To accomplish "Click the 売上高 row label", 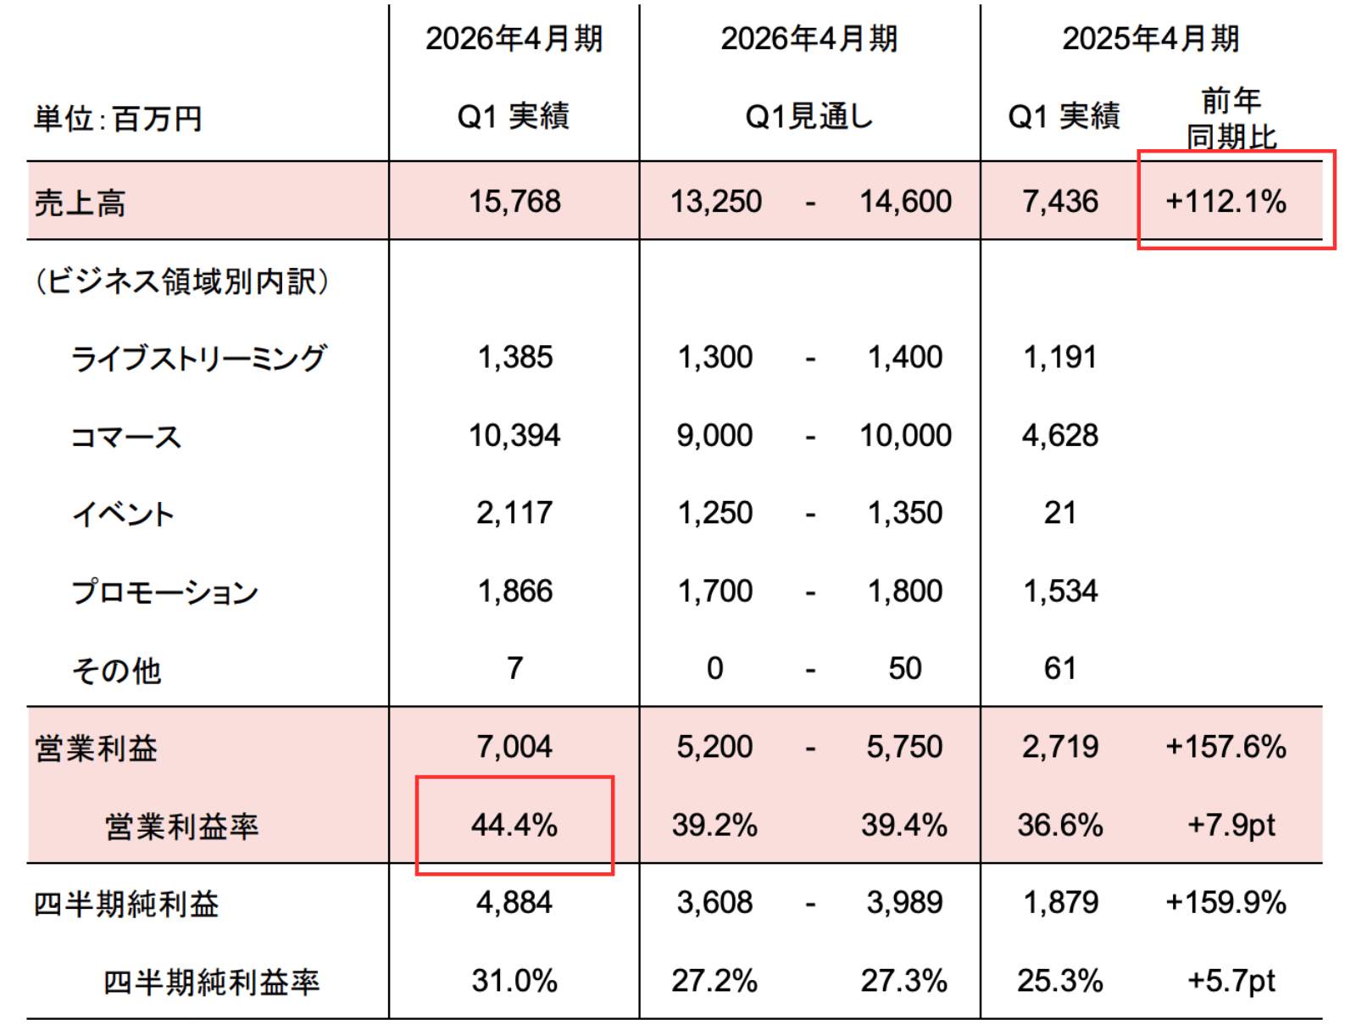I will tap(80, 203).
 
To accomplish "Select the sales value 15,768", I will tap(514, 202).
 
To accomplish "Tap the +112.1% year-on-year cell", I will tap(1225, 202).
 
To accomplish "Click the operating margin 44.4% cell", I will tap(514, 825).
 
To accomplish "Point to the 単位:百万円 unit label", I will tap(118, 119).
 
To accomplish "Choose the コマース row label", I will tap(126, 437).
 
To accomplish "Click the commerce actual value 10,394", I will tap(514, 436).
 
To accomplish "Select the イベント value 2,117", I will tap(514, 513).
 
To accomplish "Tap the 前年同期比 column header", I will tap(1231, 119).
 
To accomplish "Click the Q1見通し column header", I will tap(809, 117).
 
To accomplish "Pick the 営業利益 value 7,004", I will tap(514, 747).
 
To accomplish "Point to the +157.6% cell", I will tap(1225, 747).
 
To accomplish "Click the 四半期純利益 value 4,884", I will tap(514, 903).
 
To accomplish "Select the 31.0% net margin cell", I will tap(514, 981).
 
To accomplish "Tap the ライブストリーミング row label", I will tap(198, 359).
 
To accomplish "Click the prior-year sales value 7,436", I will tap(1059, 202).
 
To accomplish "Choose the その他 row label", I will tap(117, 671).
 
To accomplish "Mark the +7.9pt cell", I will tap(1231, 825).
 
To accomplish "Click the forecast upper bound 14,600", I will tap(905, 202).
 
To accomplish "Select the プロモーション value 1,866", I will tap(514, 591).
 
